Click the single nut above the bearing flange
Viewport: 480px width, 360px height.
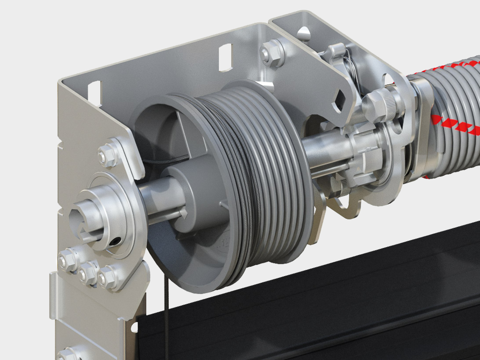[107, 155]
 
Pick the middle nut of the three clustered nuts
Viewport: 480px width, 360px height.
[88, 273]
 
